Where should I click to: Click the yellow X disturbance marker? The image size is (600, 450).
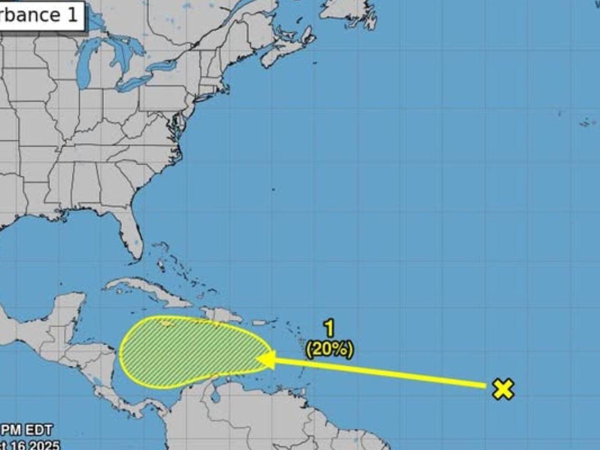503,389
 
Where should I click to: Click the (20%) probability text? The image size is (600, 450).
330,350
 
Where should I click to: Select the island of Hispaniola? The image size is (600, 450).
222,314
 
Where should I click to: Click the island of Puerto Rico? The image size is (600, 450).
260,322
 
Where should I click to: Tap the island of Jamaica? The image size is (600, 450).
167,324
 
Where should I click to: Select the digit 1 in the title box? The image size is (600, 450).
71,14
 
